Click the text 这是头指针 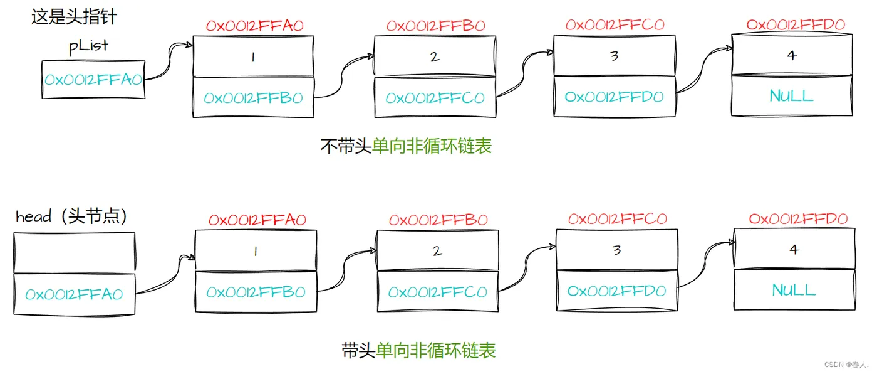(x=74, y=16)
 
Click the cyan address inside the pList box (x=93, y=80)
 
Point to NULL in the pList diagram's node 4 (x=791, y=96)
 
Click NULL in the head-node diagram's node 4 (x=794, y=290)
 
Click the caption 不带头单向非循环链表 (x=406, y=146)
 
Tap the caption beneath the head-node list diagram (x=418, y=350)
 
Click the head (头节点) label (x=72, y=217)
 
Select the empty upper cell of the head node (x=74, y=252)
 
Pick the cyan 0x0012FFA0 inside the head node (x=74, y=294)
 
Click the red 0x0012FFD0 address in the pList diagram (x=796, y=25)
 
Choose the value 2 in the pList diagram (x=435, y=57)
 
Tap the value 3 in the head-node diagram (x=616, y=250)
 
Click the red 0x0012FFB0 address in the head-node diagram (x=438, y=220)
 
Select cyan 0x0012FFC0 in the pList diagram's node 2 (x=435, y=98)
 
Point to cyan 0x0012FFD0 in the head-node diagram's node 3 (x=616, y=291)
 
